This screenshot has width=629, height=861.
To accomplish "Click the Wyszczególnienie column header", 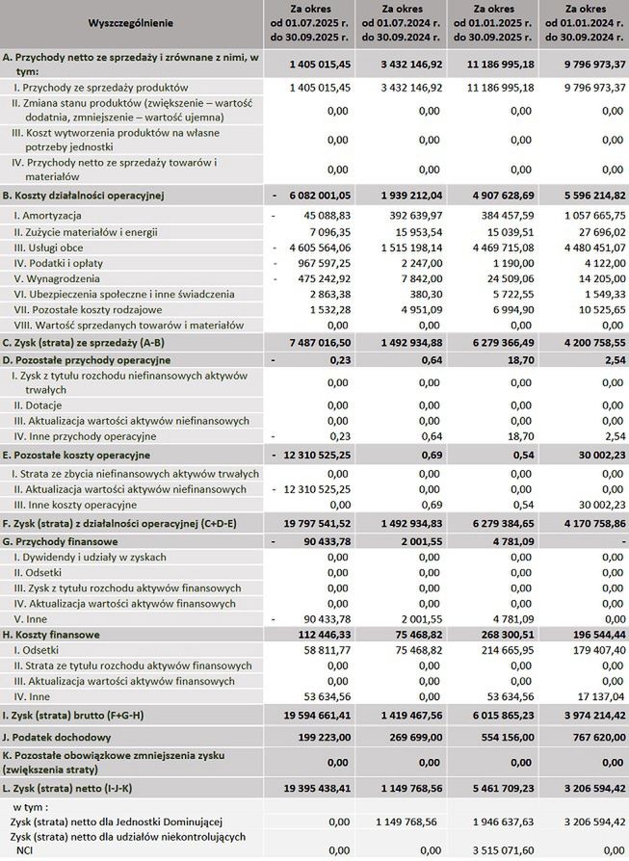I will click(129, 22).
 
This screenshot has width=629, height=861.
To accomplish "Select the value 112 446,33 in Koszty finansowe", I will click(314, 636).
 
